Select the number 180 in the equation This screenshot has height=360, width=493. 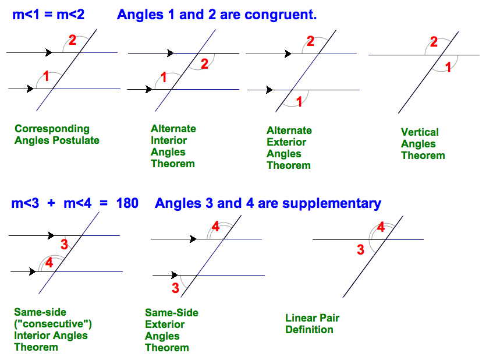click(127, 203)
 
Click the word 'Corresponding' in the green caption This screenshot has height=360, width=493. click(52, 129)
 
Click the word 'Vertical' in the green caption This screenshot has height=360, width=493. click(420, 132)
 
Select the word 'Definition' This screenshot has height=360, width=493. click(309, 330)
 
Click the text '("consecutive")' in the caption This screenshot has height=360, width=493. click(53, 324)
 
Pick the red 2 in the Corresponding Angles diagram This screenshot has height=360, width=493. click(72, 40)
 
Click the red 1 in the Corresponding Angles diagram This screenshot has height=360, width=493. click(47, 76)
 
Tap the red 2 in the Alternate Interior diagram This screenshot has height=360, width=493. click(204, 64)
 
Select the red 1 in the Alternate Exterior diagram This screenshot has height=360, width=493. click(299, 102)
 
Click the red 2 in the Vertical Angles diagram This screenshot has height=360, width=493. click(434, 42)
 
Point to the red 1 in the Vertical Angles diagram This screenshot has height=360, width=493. click(448, 67)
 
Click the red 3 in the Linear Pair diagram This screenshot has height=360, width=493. click(360, 250)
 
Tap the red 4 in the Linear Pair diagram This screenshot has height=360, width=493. click(381, 227)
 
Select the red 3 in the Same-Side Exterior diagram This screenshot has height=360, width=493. click(175, 288)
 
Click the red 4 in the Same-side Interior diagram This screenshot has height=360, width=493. click(49, 263)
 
